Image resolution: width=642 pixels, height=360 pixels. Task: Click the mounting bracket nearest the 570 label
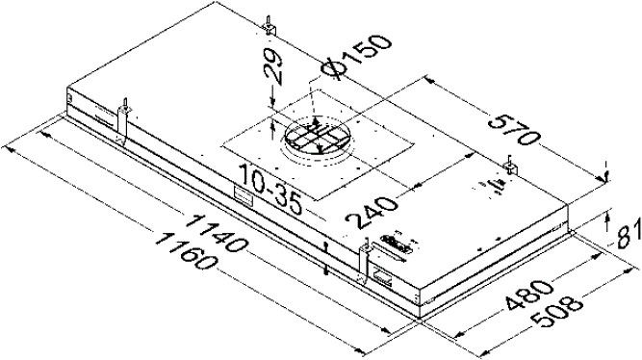coord(509,167)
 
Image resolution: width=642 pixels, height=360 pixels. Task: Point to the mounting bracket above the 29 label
coord(270,26)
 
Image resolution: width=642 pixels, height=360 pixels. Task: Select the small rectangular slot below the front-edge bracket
coord(382,280)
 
